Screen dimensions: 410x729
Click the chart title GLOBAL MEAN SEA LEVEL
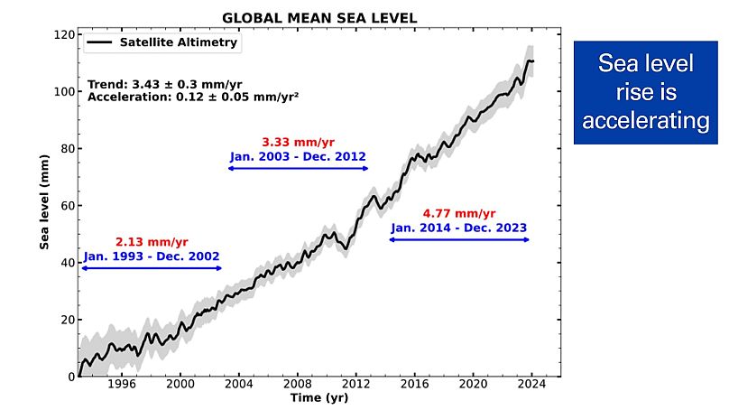pyautogui.click(x=320, y=18)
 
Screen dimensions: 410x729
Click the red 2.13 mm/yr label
pyautogui.click(x=152, y=242)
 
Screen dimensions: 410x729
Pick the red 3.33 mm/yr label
pyautogui.click(x=298, y=142)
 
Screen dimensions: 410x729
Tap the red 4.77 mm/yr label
pyautogui.click(x=459, y=214)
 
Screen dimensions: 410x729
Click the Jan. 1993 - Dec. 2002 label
pyautogui.click(x=152, y=256)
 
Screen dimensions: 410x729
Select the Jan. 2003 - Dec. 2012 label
pyautogui.click(x=298, y=156)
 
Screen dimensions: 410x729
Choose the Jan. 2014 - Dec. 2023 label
pyautogui.click(x=459, y=228)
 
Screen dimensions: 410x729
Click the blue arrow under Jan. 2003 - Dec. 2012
pyautogui.click(x=298, y=169)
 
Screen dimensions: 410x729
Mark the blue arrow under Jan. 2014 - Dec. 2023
pyautogui.click(x=459, y=239)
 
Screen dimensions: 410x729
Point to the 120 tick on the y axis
pyautogui.click(x=63, y=34)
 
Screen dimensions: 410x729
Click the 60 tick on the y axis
pyautogui.click(x=67, y=206)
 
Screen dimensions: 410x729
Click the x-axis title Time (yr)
pyautogui.click(x=320, y=398)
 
